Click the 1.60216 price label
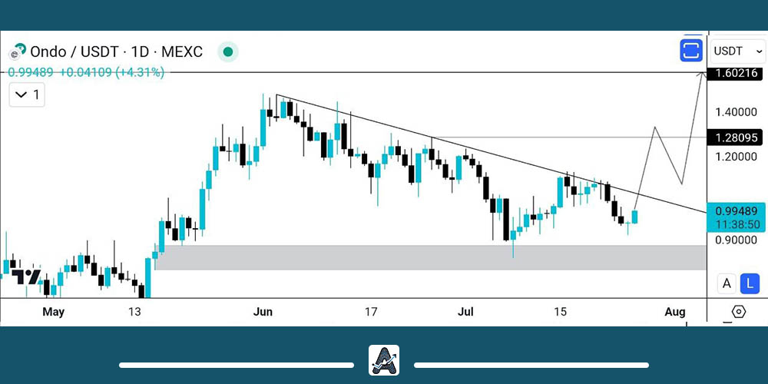736,74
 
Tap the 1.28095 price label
736,137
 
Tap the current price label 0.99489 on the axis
736,210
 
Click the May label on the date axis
53,312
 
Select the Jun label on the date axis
263,312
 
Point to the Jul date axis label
466,312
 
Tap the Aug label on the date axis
674,312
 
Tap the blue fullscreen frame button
691,51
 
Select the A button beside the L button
727,283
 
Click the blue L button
750,283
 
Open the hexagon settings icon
738,312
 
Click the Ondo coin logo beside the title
17,51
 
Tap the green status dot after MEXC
227,52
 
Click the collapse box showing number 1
27,96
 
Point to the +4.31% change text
140,72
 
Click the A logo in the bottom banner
384,360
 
